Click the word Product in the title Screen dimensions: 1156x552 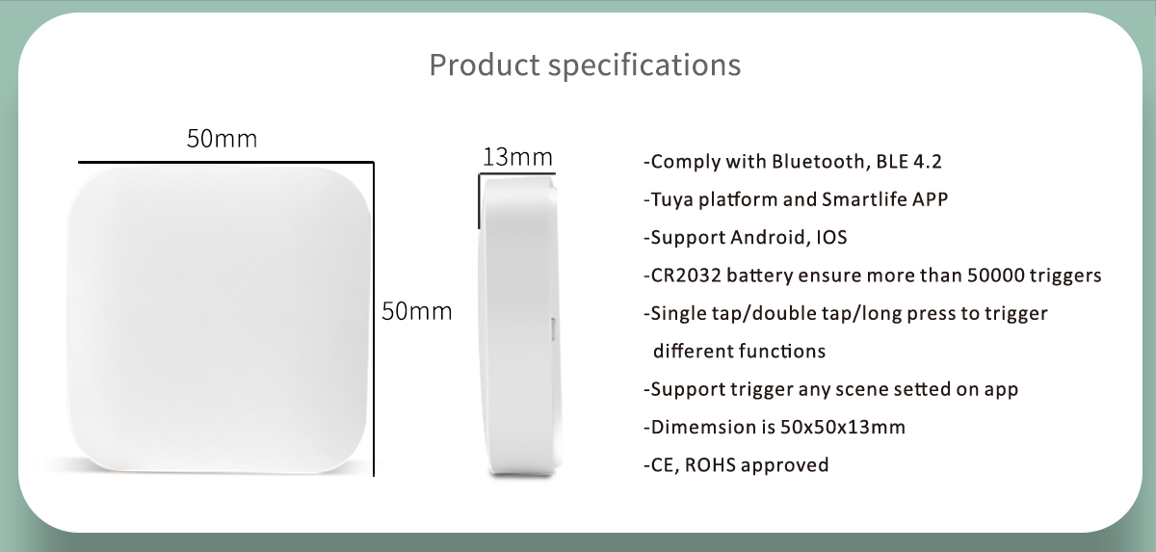(485, 65)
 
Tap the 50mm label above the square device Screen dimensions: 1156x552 (222, 139)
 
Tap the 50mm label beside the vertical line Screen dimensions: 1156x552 (417, 311)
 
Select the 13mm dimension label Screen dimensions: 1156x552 (517, 157)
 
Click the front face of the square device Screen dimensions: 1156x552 (219, 320)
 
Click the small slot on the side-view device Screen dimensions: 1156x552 (553, 329)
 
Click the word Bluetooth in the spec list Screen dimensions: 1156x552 (818, 162)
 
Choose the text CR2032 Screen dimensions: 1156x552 (686, 276)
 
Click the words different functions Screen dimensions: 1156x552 (739, 352)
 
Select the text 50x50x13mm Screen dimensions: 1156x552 (843, 427)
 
